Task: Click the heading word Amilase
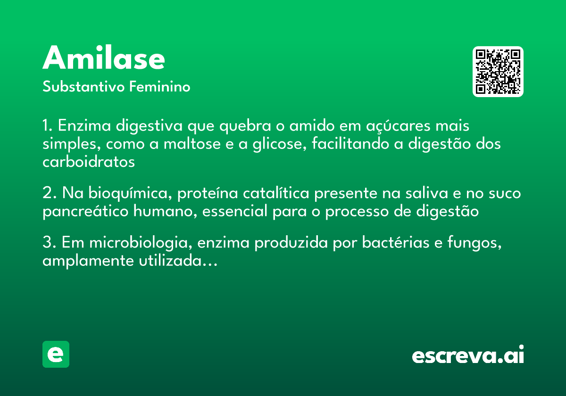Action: coord(104,58)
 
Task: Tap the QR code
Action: coord(498,72)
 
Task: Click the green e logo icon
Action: coord(56,354)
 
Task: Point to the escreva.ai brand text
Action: coord(468,355)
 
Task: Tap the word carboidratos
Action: coord(89,162)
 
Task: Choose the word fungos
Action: coord(469,244)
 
